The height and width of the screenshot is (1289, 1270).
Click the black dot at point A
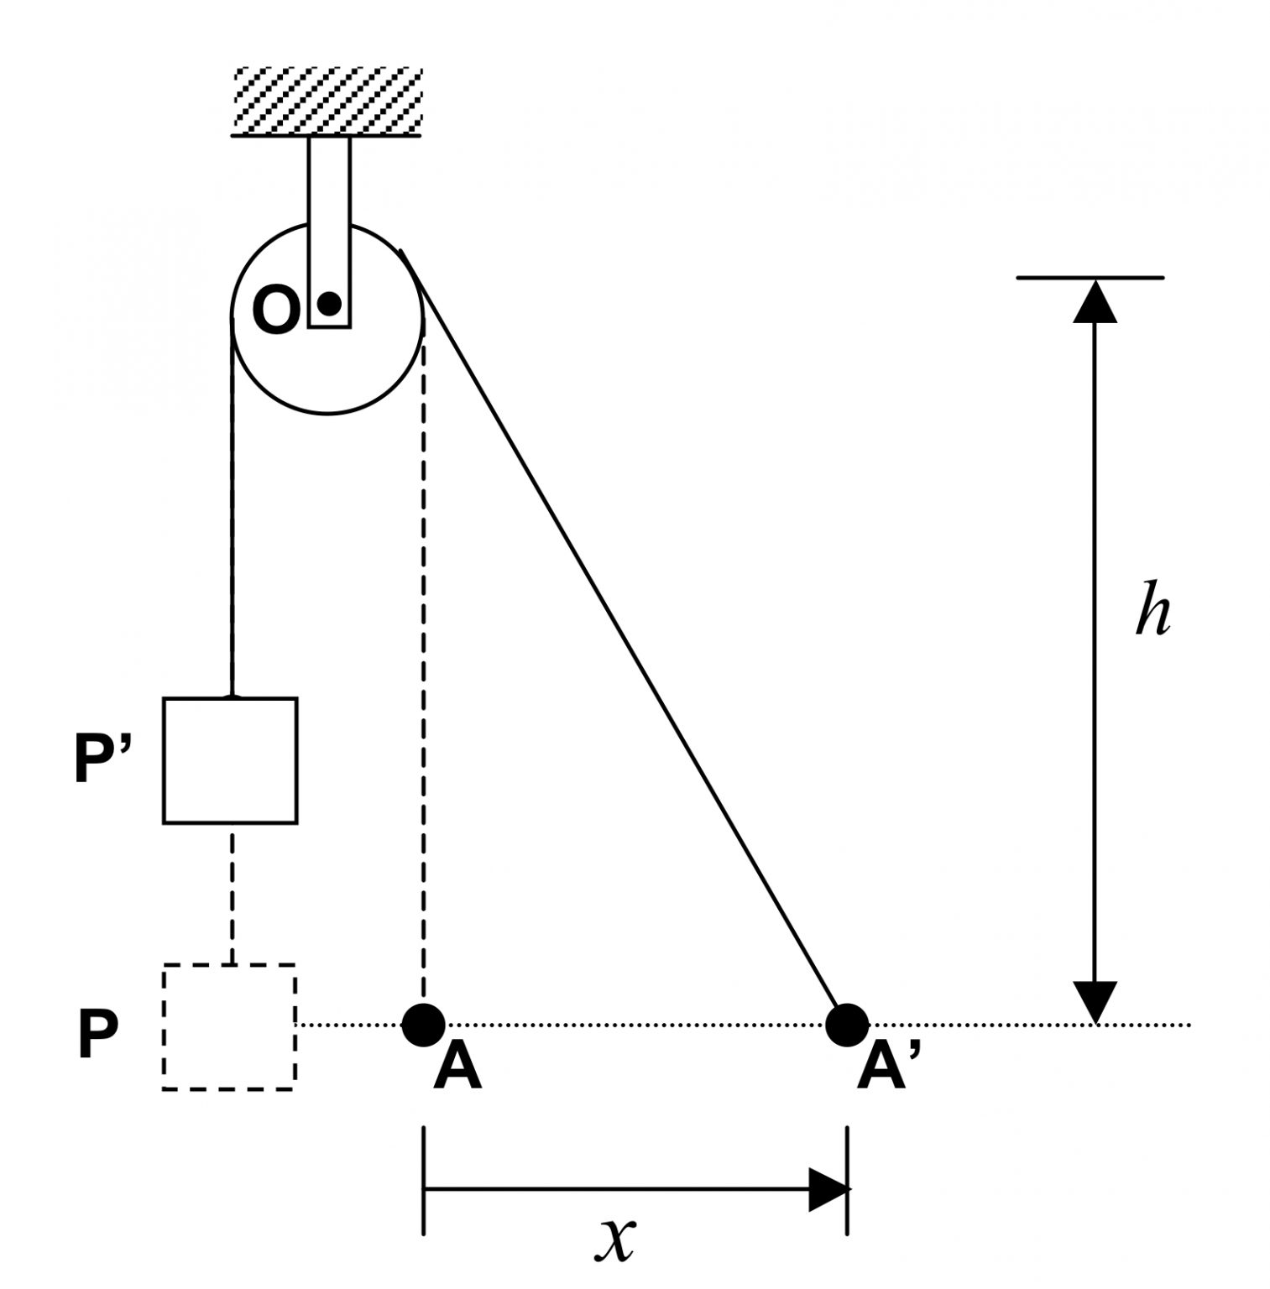[423, 1024]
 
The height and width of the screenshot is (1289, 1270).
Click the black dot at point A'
[847, 1024]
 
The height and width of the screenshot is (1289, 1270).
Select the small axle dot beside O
[329, 303]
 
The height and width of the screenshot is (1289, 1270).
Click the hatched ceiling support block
[327, 100]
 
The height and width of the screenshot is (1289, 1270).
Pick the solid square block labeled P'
[229, 760]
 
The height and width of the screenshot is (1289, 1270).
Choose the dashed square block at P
[228, 1026]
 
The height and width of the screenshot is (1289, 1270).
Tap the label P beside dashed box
[97, 1036]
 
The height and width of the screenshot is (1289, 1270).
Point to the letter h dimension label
[1152, 609]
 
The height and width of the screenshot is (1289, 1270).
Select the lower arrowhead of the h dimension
[1095, 1001]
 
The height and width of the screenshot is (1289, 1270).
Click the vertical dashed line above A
[423, 671]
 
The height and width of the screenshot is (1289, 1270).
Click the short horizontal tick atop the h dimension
[1090, 277]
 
